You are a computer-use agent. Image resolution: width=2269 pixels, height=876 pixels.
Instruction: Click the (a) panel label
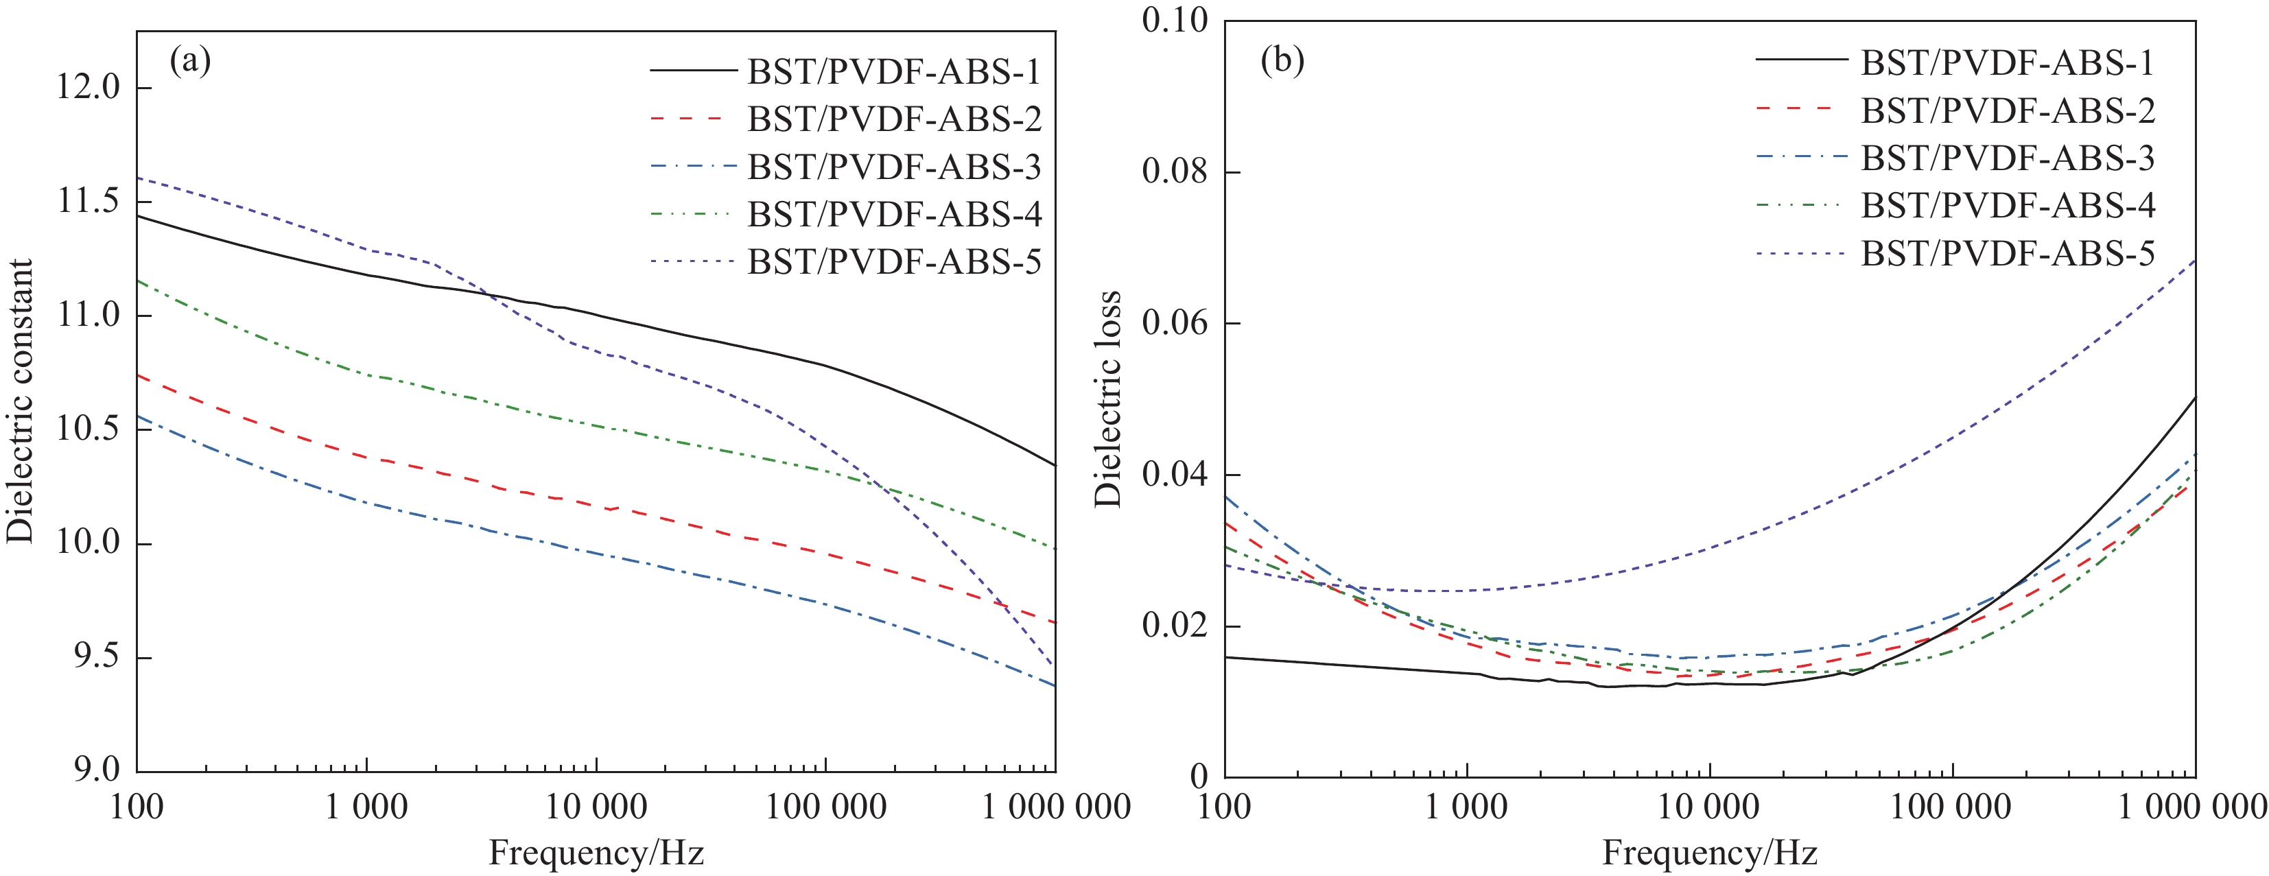pyautogui.click(x=189, y=62)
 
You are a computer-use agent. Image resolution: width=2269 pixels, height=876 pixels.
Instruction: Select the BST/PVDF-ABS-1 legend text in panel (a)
pyautogui.click(x=894, y=71)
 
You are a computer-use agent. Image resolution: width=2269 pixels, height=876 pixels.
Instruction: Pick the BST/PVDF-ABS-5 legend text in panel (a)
pyautogui.click(x=894, y=261)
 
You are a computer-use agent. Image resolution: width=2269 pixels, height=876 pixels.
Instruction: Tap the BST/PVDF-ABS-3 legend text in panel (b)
pyautogui.click(x=2008, y=158)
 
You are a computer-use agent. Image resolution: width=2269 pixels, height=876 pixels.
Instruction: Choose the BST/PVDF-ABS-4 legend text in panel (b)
pyautogui.click(x=2008, y=205)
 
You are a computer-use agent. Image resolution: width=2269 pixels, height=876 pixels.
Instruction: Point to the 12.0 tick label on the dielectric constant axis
pyautogui.click(x=87, y=88)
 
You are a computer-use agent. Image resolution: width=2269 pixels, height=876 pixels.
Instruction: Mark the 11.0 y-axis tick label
pyautogui.click(x=87, y=315)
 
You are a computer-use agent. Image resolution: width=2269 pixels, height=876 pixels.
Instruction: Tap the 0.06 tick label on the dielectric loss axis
pyautogui.click(x=1175, y=323)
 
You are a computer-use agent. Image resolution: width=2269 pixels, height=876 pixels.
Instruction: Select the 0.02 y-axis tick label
pyautogui.click(x=1175, y=626)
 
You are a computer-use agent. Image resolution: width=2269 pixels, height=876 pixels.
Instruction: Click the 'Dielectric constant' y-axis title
pyautogui.click(x=19, y=401)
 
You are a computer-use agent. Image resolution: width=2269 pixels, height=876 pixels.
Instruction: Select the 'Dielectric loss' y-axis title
pyautogui.click(x=1107, y=398)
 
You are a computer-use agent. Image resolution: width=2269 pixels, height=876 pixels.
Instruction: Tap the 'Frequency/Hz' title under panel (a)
pyautogui.click(x=596, y=852)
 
